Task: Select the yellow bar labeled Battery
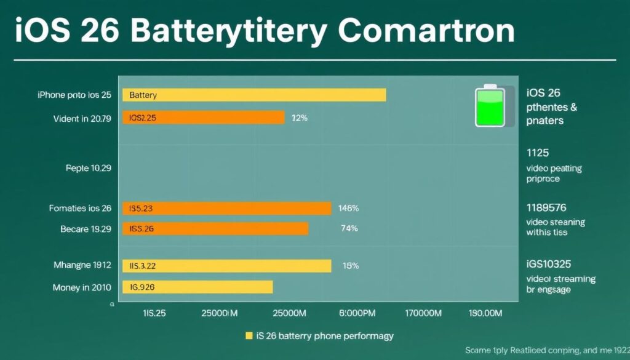pos(254,95)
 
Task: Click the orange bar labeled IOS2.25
pos(204,118)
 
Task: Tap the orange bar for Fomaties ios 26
pos(226,208)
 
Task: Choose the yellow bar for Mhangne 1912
pos(226,265)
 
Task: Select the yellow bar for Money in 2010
pos(197,287)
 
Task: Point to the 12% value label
pos(300,118)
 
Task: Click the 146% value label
pos(349,208)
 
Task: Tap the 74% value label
pos(349,228)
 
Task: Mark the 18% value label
pos(351,266)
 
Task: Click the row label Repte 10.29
pos(88,167)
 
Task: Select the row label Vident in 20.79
pos(82,119)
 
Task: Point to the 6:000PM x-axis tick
pos(357,313)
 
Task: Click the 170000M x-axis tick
pos(423,313)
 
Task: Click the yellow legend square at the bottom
pos(249,336)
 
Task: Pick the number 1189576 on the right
pos(546,208)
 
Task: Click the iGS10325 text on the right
pos(549,264)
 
